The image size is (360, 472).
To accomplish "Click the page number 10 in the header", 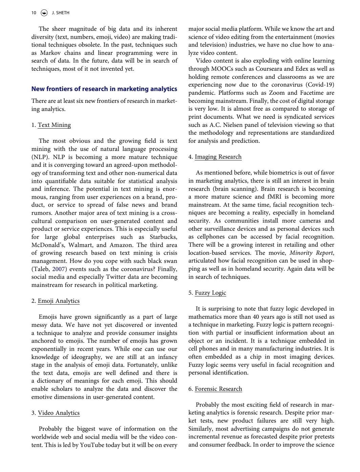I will tap(34, 13).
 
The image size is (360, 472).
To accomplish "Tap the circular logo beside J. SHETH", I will tap(44, 13).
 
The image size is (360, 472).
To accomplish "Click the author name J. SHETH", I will tap(61, 13).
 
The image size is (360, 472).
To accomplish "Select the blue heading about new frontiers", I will tap(104, 89).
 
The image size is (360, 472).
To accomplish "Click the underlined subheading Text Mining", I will tap(54, 125).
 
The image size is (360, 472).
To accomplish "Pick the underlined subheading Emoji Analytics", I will tap(59, 301).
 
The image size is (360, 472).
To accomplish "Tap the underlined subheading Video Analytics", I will tap(59, 413).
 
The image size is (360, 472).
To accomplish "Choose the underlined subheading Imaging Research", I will tap(218, 157).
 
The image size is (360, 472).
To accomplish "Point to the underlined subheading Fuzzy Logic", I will tap(210, 293).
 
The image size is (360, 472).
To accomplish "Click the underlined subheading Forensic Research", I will tap(218, 389).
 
